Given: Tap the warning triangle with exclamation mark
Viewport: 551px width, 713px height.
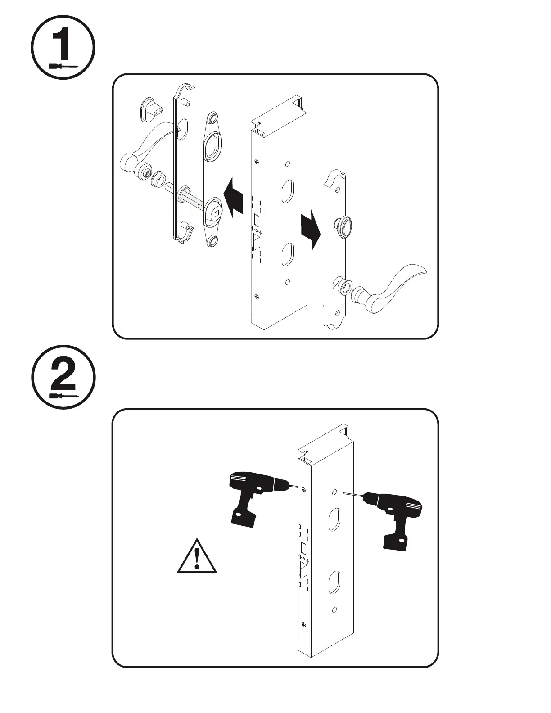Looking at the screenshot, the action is pyautogui.click(x=197, y=556).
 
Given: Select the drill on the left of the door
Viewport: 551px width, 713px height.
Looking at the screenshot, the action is pyautogui.click(x=252, y=495).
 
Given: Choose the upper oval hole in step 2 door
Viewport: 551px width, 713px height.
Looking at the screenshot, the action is pyautogui.click(x=334, y=519).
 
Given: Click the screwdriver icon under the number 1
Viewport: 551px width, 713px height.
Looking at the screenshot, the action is pyautogui.click(x=63, y=66).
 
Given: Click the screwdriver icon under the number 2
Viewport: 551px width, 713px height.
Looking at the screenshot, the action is pyautogui.click(x=63, y=396).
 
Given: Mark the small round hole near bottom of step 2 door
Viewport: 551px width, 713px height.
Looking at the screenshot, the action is pyautogui.click(x=334, y=610).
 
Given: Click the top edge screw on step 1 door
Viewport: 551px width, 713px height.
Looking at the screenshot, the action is pyautogui.click(x=256, y=162).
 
